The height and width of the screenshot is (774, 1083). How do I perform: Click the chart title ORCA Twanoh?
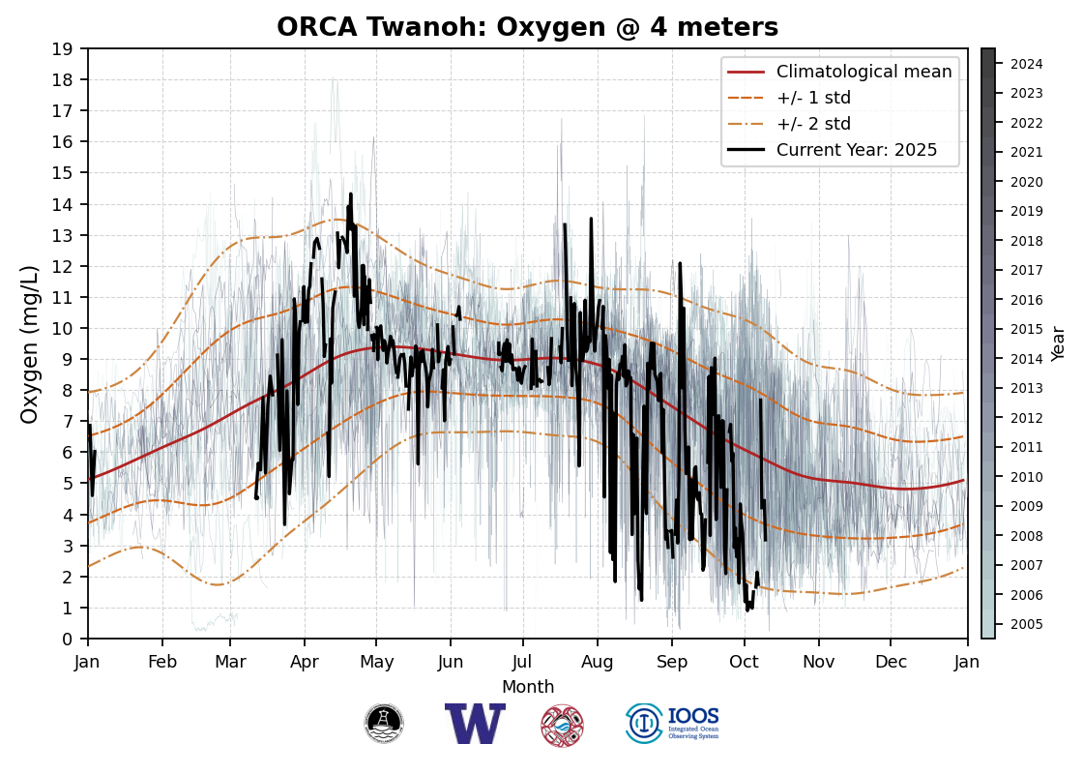tap(527, 27)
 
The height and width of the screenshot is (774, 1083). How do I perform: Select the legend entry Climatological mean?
tap(863, 72)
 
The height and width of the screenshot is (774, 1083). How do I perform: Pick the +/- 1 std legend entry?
tap(813, 98)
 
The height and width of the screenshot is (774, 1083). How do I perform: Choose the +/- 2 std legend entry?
tap(813, 124)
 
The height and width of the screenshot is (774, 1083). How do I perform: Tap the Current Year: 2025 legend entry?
tap(857, 150)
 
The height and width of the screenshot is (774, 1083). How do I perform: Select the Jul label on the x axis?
tap(523, 661)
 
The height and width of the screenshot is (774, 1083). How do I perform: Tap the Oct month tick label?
tap(745, 661)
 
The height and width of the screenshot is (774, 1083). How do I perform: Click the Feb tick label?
tap(161, 661)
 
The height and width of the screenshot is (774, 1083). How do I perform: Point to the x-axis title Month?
tap(528, 687)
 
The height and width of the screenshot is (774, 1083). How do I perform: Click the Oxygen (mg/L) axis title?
tap(30, 343)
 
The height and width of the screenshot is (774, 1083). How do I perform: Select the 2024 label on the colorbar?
tap(1026, 64)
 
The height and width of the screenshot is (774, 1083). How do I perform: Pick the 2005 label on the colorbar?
tap(1026, 624)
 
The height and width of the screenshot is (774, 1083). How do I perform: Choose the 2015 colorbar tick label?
tap(1026, 329)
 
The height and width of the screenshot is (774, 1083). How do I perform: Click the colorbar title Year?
tap(1059, 343)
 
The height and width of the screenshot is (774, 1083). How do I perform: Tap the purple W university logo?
tap(475, 724)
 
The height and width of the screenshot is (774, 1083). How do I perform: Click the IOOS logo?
tap(673, 724)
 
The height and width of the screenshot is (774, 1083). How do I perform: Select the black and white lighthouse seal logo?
tap(384, 724)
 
